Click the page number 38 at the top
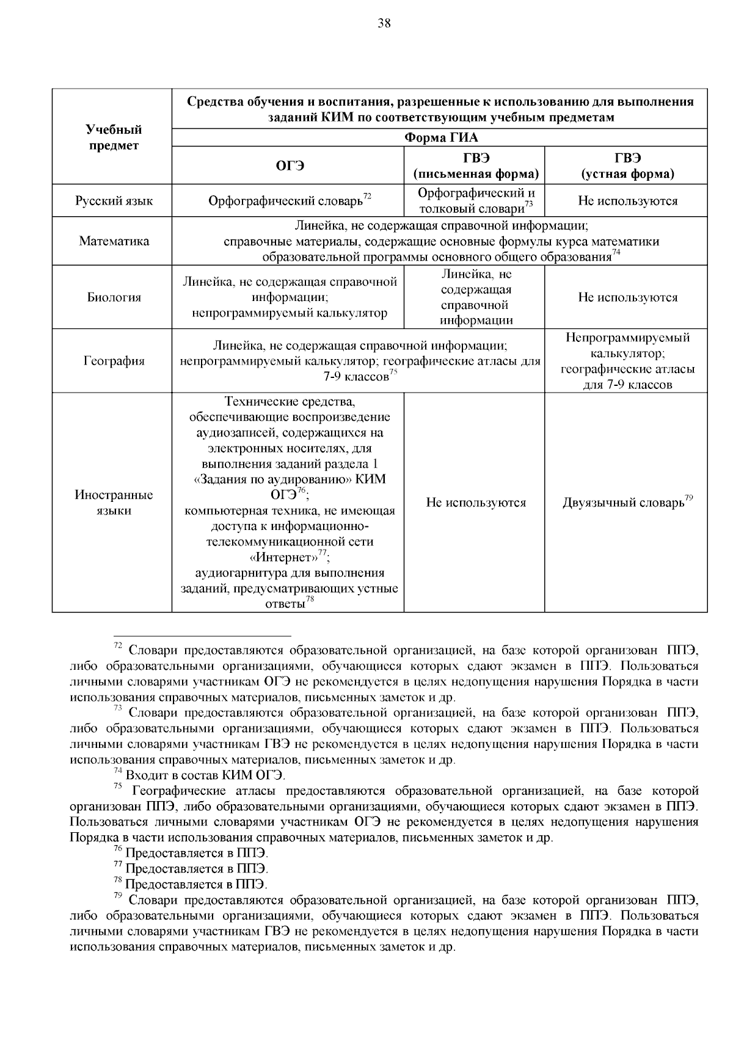click(x=384, y=24)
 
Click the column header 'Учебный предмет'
click(x=114, y=137)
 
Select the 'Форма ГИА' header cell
click(x=441, y=137)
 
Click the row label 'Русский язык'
click(x=114, y=201)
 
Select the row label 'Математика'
click(x=114, y=241)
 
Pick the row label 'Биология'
click(x=114, y=297)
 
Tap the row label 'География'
click(x=114, y=361)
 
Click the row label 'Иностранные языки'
click(x=114, y=503)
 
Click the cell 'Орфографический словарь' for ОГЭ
click(x=286, y=201)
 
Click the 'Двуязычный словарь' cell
click(x=623, y=503)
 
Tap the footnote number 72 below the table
click(x=119, y=646)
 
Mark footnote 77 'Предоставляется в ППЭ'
click(x=195, y=868)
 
